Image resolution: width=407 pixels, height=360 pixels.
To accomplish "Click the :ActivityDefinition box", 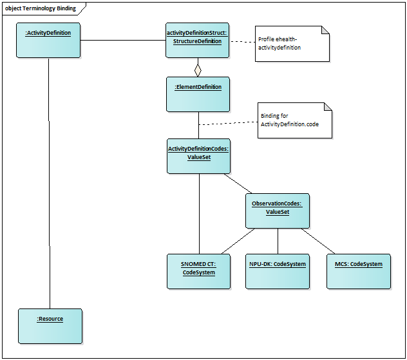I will pos(48,40).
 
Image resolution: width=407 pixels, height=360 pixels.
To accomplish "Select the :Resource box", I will pos(50,325).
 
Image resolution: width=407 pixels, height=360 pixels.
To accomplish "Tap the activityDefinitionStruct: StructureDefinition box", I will pos(197,40).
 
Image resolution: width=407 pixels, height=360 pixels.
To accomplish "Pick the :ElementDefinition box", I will pos(198,94).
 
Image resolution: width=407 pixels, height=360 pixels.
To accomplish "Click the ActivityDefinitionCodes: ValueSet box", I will pos(198,156).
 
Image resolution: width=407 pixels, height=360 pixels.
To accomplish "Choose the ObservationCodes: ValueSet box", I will pos(277,211).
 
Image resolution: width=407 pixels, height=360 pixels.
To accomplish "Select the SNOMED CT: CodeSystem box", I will pos(198,271).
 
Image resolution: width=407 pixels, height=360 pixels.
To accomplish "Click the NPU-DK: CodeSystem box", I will pos(278,271).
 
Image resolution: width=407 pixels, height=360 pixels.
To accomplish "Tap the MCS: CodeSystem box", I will pos(359,271).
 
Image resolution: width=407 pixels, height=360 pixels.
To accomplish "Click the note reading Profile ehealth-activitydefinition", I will pos(292,44).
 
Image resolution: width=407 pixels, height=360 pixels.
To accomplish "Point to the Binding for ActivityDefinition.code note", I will pos(295,120).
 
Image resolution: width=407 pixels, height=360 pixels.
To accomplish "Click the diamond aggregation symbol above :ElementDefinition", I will pos(198,68).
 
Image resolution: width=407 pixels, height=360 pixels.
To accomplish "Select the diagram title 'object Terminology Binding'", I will pos(41,8).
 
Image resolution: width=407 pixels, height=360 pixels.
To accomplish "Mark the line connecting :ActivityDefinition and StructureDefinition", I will pos(122,41).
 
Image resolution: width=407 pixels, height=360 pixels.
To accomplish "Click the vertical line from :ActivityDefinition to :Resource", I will pos(50,180).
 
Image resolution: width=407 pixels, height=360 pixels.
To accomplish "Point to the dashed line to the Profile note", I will pos(242,41).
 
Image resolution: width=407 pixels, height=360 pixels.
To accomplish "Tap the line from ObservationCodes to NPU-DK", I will pos(278,241).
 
